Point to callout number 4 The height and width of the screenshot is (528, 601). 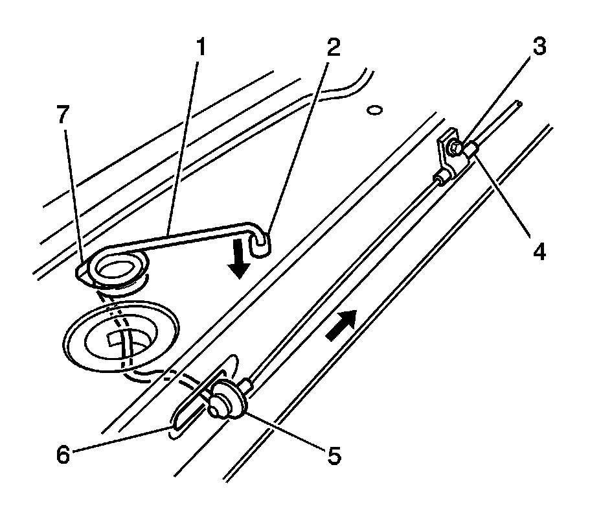[x=538, y=250]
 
